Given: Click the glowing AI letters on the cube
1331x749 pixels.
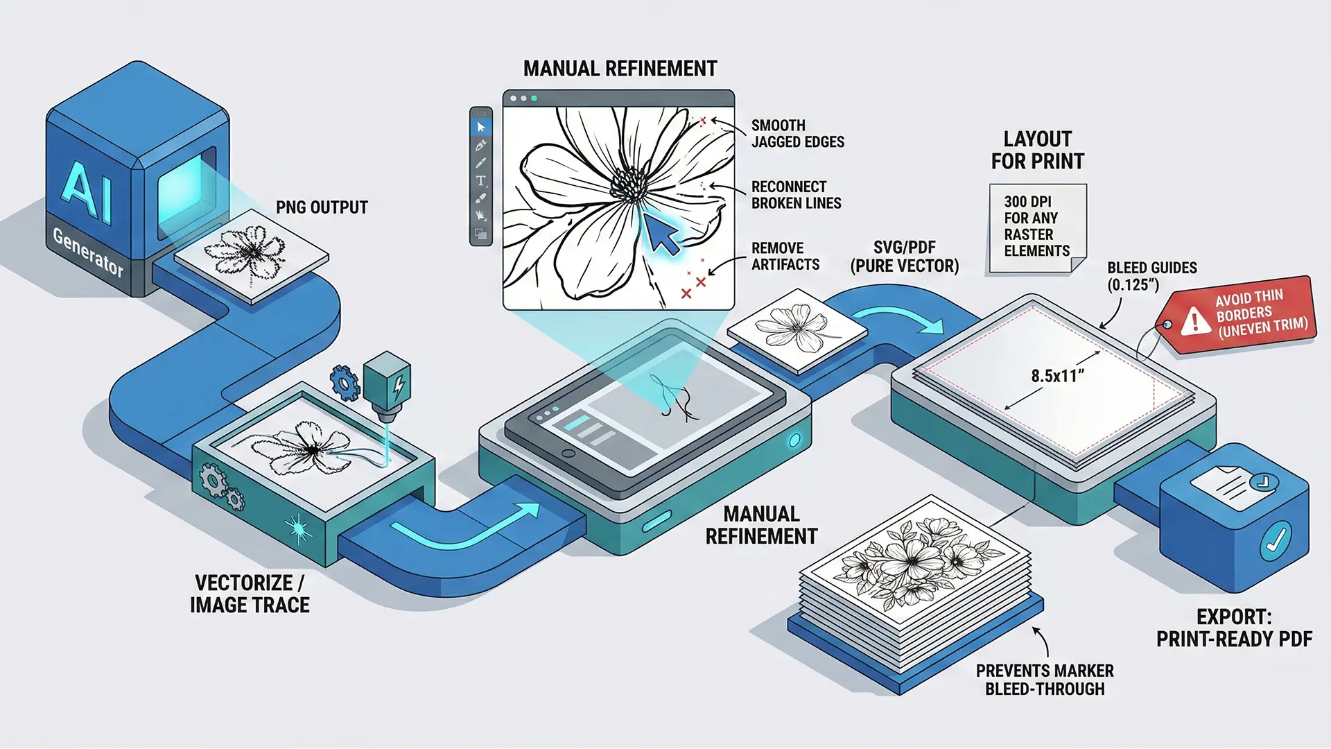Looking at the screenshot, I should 87,191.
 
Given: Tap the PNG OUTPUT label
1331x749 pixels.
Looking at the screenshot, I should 322,207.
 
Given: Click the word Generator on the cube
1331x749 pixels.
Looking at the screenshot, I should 88,252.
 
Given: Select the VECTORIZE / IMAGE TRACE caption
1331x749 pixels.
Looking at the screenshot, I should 250,594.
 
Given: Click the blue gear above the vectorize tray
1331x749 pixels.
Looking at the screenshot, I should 345,382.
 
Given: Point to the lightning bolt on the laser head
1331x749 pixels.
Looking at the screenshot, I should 399,387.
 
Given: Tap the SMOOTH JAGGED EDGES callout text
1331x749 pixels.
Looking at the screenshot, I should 797,134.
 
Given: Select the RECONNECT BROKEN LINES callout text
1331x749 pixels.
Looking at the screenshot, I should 796,195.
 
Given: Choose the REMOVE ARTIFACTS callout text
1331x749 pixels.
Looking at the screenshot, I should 785,256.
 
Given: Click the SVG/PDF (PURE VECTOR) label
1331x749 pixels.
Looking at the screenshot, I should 905,257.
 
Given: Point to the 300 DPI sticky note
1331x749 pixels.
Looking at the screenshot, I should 1037,227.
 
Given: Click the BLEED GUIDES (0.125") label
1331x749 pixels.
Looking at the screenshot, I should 1151,275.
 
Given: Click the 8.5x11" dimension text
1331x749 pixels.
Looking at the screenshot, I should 1057,376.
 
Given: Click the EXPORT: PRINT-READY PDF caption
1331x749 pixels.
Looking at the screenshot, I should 1234,628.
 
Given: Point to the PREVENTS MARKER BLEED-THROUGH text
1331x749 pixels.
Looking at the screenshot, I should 1045,680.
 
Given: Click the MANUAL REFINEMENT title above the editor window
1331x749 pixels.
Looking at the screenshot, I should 620,69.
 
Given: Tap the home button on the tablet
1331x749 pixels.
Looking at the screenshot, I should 568,454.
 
